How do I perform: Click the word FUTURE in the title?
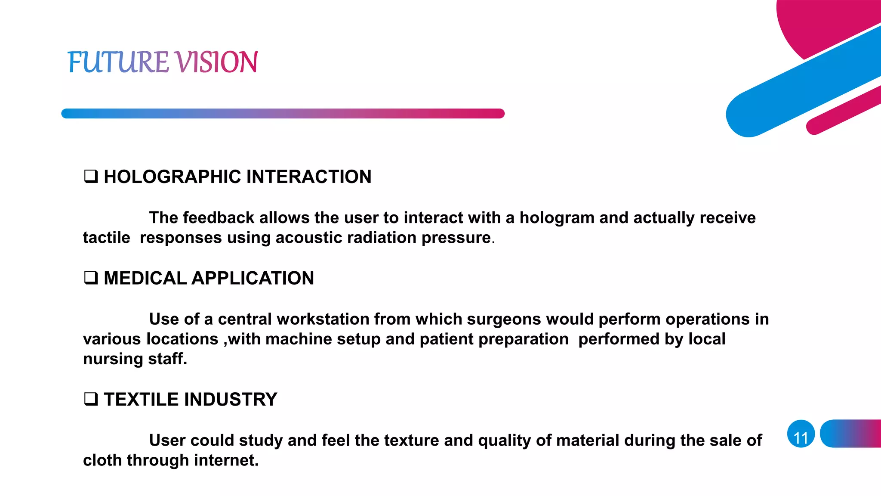[117, 62]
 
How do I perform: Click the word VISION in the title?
[216, 62]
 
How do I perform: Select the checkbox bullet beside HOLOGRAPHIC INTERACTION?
[91, 177]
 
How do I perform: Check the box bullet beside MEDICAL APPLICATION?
[91, 278]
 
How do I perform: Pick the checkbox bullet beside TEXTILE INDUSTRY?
[91, 399]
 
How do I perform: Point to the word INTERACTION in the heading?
[308, 177]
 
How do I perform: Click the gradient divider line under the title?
[283, 113]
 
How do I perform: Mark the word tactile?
[106, 238]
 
